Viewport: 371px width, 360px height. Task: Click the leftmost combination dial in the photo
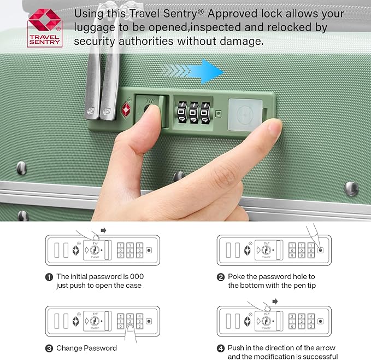click(x=181, y=112)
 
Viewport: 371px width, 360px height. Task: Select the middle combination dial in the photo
click(x=193, y=112)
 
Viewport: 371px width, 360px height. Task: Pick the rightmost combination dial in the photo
click(x=205, y=112)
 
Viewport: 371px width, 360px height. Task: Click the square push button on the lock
click(x=243, y=113)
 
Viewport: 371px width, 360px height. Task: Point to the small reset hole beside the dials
click(x=219, y=114)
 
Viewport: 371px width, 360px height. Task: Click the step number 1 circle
click(x=49, y=277)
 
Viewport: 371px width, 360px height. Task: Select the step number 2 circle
click(x=221, y=277)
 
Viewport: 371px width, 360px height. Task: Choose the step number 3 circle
click(x=49, y=348)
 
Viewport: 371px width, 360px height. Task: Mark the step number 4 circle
click(x=221, y=348)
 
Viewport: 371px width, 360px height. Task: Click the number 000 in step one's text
click(x=137, y=277)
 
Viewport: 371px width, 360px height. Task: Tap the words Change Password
click(x=87, y=348)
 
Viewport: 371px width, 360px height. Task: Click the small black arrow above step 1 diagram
click(x=104, y=230)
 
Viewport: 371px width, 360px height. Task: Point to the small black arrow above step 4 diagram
click(x=275, y=301)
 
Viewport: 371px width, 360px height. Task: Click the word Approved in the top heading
click(x=230, y=13)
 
